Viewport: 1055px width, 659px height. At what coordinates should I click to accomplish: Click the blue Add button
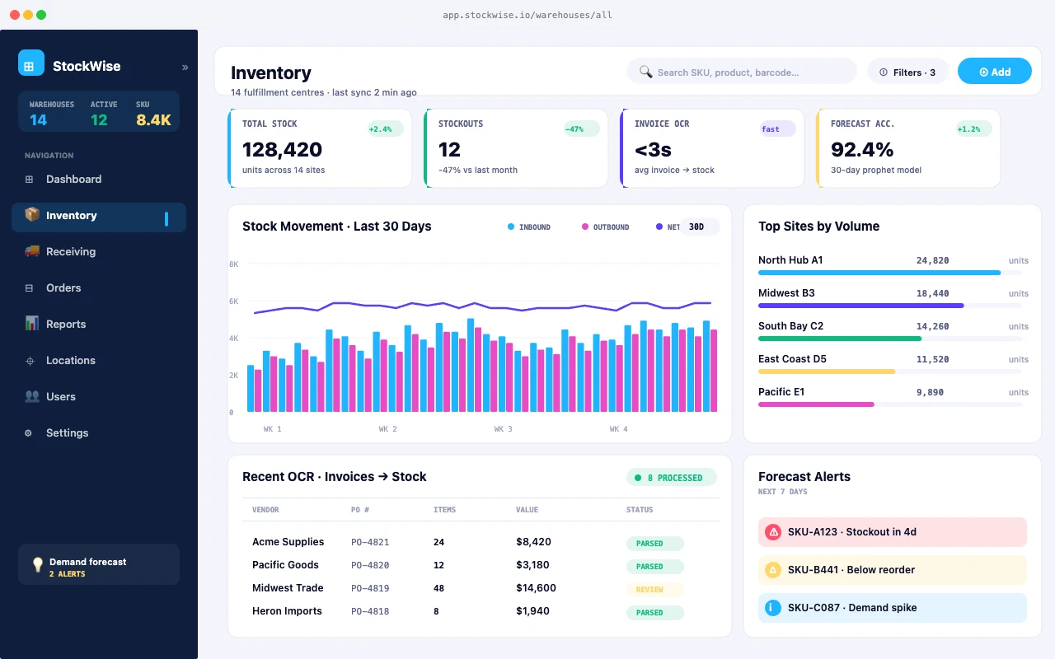(x=994, y=72)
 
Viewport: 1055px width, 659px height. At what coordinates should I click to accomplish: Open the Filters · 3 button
(x=907, y=72)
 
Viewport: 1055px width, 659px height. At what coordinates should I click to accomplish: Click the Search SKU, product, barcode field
(x=741, y=72)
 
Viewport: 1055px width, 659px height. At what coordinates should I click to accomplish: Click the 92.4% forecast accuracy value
(x=862, y=150)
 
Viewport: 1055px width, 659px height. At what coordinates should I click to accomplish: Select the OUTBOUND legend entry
(x=606, y=227)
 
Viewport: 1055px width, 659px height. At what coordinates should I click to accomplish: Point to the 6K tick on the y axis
(x=233, y=301)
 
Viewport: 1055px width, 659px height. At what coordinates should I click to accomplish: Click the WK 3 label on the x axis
(x=503, y=429)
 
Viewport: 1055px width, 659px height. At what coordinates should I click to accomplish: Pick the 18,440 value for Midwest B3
(x=932, y=293)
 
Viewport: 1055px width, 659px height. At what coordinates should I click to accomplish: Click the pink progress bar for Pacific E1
(x=816, y=404)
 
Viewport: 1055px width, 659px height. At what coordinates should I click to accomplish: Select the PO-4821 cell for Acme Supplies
(x=370, y=542)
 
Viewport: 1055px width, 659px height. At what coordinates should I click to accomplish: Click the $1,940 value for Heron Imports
(x=532, y=611)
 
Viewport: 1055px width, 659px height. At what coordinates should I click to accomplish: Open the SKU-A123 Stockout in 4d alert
(x=892, y=532)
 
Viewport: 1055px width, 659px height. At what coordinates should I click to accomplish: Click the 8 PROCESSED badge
(x=672, y=478)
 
